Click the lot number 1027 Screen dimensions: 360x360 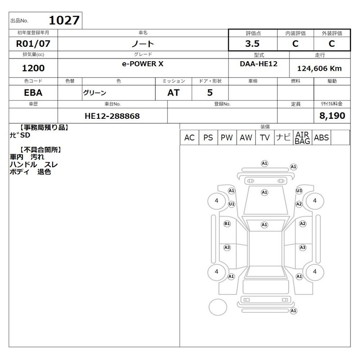point(64,20)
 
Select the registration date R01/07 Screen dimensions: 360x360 point(33,44)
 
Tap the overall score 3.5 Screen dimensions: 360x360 point(252,44)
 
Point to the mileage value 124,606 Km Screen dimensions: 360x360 point(319,68)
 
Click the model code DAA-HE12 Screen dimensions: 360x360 point(258,63)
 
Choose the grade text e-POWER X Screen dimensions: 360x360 point(143,64)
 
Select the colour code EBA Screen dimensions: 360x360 point(33,93)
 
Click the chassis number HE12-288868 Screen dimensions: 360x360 point(112,116)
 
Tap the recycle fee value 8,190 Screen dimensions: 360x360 point(332,116)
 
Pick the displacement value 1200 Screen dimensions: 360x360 point(33,68)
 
